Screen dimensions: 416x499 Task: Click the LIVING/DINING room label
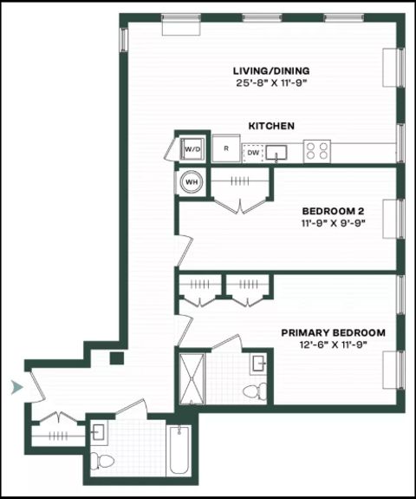point(271,70)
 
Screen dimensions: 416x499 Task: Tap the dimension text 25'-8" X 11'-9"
point(271,83)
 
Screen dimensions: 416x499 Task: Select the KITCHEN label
point(271,126)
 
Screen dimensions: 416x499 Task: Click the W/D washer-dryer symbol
point(192,149)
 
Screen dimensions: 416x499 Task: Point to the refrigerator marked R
point(226,148)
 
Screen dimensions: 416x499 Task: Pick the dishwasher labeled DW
point(253,153)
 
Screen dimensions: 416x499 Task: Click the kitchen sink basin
point(276,152)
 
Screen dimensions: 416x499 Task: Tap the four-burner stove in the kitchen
point(317,151)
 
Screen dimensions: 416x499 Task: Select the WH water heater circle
point(192,182)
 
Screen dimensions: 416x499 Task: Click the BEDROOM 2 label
point(333,211)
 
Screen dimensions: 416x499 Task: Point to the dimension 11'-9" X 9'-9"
point(333,223)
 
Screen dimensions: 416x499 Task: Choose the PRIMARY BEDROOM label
point(334,332)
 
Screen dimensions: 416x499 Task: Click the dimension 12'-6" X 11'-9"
point(334,345)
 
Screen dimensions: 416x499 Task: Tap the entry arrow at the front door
point(16,387)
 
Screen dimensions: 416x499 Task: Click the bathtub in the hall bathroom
point(179,450)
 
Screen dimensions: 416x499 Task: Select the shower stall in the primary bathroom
point(192,378)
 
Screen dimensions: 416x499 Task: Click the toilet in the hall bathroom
point(101,461)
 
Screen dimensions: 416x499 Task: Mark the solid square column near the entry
point(117,358)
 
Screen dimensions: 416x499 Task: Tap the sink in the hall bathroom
point(99,432)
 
